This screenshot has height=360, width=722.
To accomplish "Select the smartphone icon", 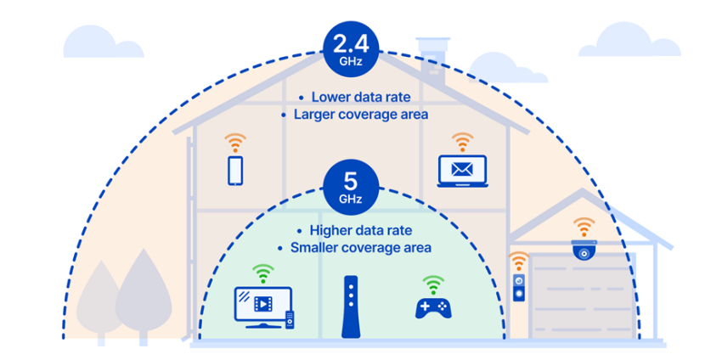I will (x=235, y=169).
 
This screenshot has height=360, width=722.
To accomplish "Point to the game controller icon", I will (x=434, y=307).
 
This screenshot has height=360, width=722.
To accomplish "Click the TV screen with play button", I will (x=262, y=303).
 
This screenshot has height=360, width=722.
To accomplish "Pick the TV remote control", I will (x=290, y=320).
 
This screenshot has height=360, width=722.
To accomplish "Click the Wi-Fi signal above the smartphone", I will (x=235, y=140).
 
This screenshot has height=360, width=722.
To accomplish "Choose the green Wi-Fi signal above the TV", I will (x=262, y=273).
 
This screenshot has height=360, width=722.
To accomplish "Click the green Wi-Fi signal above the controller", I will (x=434, y=282).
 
